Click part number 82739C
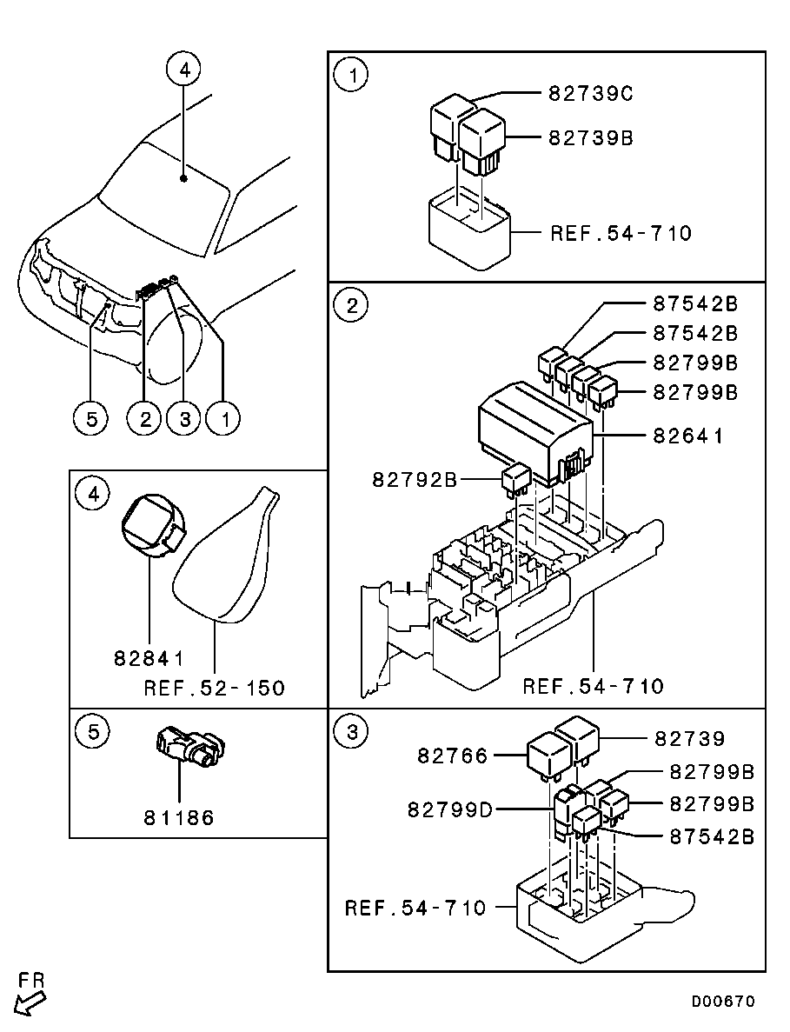tap(590, 93)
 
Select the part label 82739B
tap(590, 138)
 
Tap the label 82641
tap(688, 436)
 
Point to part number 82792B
tap(415, 479)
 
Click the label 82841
tap(149, 658)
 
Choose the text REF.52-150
tap(215, 689)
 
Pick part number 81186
tap(179, 817)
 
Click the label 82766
tap(453, 756)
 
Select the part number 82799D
tap(450, 809)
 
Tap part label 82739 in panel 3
tap(689, 738)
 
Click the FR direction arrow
tap(30, 1003)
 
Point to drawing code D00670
tap(723, 1001)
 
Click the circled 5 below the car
tap(91, 418)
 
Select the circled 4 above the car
tap(184, 69)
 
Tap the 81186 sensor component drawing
tap(190, 748)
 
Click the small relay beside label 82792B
tap(517, 478)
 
